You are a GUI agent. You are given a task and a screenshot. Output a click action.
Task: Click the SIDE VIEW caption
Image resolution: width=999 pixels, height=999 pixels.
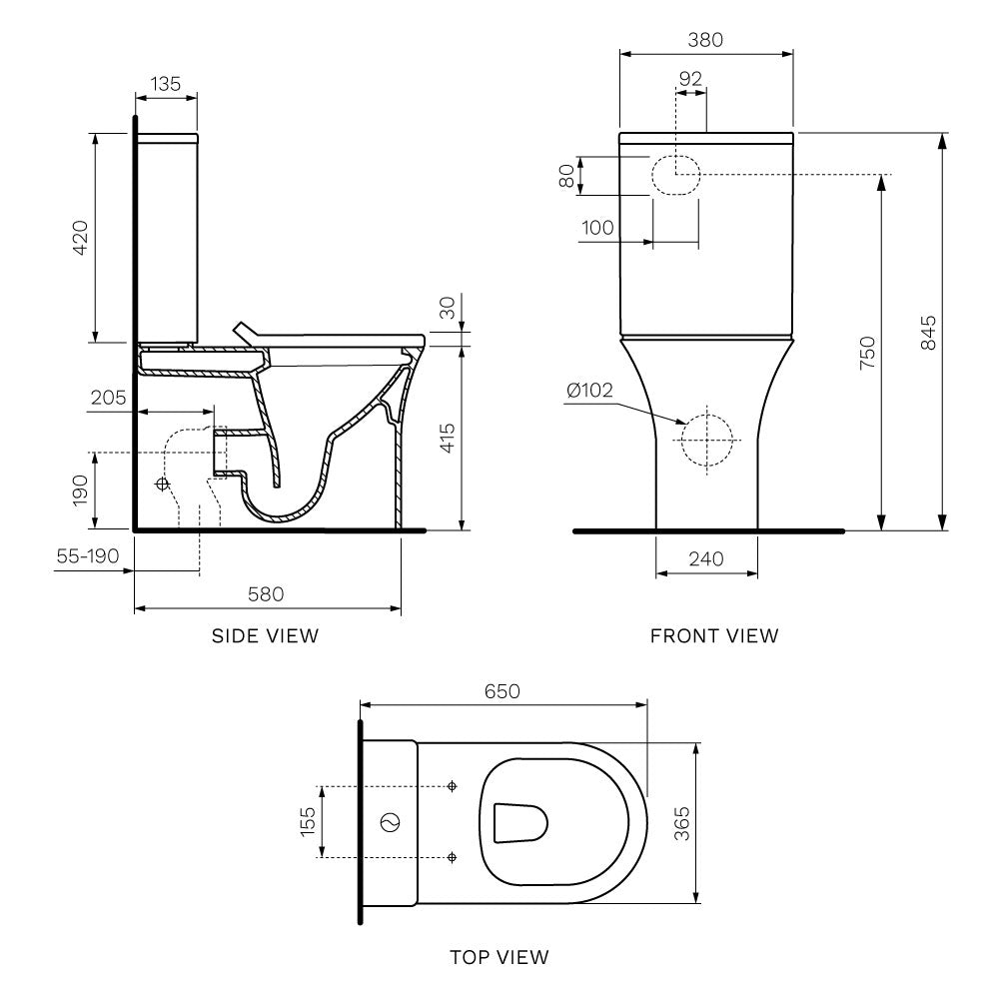click(x=265, y=635)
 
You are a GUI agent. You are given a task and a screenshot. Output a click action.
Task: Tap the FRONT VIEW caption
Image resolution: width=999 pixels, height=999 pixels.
click(x=713, y=635)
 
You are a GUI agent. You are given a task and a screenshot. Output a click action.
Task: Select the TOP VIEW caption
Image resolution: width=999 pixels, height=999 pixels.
click(x=499, y=958)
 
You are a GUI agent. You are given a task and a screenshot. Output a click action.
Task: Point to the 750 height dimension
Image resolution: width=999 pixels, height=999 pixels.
click(x=866, y=355)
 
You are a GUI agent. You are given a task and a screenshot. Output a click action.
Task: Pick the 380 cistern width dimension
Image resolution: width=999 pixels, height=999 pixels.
click(x=705, y=40)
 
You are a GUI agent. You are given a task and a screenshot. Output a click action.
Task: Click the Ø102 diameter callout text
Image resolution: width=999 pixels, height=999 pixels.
click(x=588, y=391)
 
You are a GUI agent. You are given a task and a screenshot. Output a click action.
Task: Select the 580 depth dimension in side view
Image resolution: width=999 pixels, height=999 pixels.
click(x=267, y=593)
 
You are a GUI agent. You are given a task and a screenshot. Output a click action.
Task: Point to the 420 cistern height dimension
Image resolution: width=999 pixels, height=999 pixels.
click(x=80, y=237)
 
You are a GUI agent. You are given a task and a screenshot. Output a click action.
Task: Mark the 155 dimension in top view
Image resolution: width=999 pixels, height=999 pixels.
click(x=308, y=821)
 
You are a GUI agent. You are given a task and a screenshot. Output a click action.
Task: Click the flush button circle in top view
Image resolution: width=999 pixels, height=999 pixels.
click(x=391, y=822)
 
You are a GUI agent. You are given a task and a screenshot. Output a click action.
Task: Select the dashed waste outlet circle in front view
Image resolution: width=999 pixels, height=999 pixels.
click(x=706, y=440)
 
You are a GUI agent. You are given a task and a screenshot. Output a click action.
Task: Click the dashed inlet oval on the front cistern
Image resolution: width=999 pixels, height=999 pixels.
click(x=676, y=175)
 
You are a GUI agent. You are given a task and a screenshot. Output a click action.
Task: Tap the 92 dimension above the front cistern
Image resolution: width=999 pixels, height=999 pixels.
click(x=690, y=78)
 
